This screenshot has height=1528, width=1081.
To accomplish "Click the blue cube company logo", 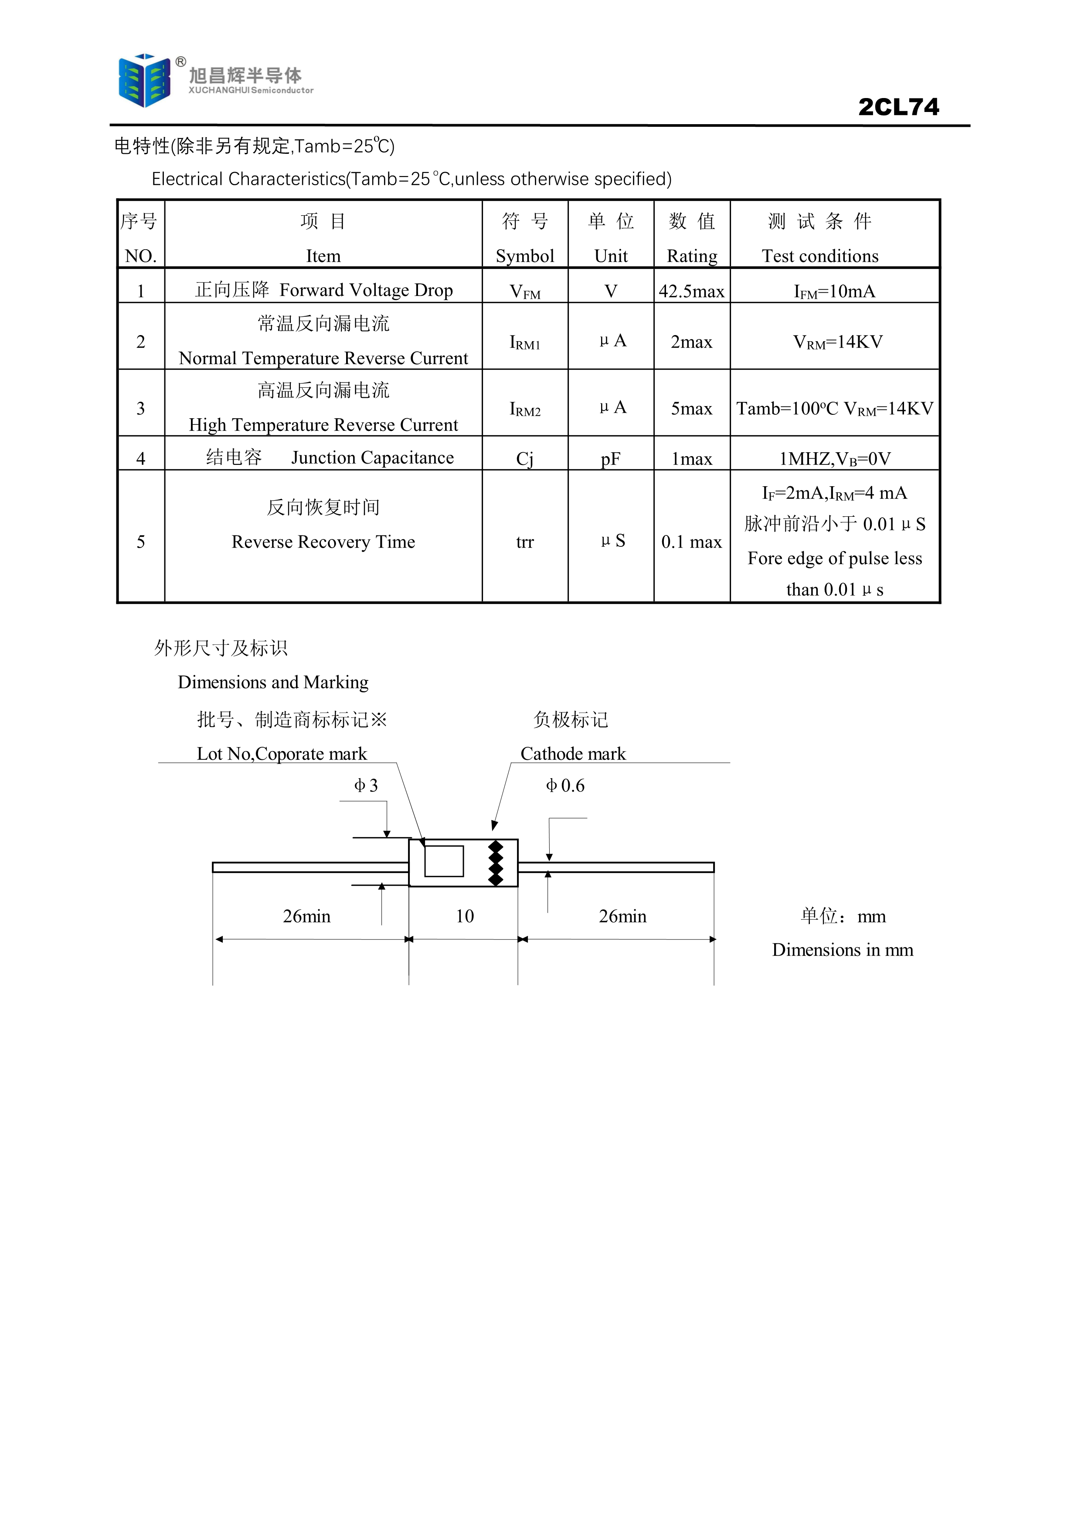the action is (x=144, y=81).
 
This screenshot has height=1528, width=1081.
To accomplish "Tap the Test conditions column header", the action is (x=820, y=256).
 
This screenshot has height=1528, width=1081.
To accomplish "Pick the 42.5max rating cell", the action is (x=692, y=291).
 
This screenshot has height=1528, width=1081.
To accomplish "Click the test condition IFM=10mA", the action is (x=835, y=291).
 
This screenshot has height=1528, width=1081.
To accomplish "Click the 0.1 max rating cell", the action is (x=692, y=542).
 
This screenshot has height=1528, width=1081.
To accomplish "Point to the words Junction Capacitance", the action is (x=373, y=458).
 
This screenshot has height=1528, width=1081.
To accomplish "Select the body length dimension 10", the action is (x=465, y=916).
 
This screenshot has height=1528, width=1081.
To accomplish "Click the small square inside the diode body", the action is (x=444, y=861).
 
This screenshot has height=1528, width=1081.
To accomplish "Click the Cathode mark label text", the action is (x=573, y=754).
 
